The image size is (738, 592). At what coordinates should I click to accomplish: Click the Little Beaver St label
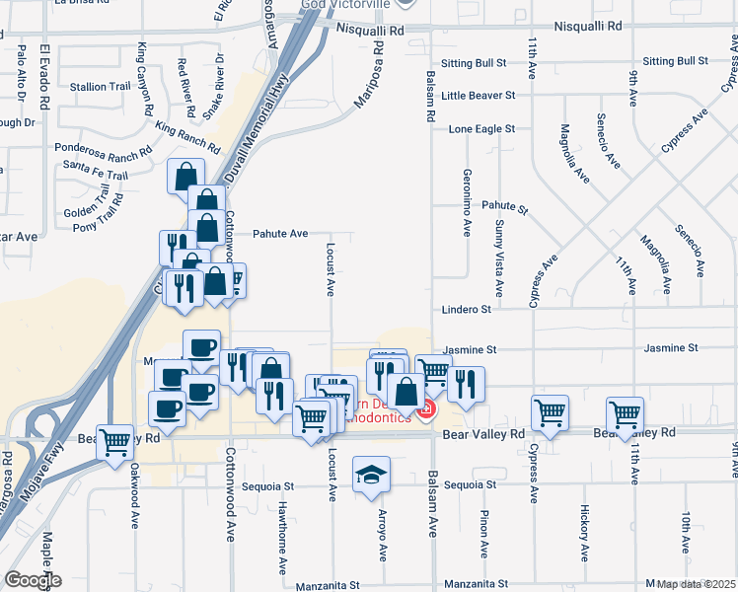pyautogui.click(x=479, y=96)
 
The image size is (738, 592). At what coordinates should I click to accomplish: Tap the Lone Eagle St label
pyautogui.click(x=481, y=129)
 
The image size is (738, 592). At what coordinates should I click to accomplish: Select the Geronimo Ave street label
pyautogui.click(x=467, y=202)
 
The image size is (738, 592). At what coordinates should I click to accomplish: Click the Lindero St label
pyautogui.click(x=467, y=310)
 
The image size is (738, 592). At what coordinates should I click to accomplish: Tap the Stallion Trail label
pyautogui.click(x=101, y=87)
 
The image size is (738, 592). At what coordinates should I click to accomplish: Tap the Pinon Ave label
pyautogui.click(x=483, y=533)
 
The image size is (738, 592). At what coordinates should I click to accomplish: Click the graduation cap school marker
pyautogui.click(x=372, y=476)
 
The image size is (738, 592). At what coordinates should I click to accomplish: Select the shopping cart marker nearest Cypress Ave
pyautogui.click(x=551, y=413)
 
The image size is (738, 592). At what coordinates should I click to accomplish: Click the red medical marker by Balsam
pyautogui.click(x=426, y=408)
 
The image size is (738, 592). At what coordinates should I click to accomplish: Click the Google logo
pyautogui.click(x=32, y=580)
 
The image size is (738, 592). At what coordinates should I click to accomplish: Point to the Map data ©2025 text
pyautogui.click(x=697, y=584)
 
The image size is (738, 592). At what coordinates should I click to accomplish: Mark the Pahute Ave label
pyautogui.click(x=280, y=234)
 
